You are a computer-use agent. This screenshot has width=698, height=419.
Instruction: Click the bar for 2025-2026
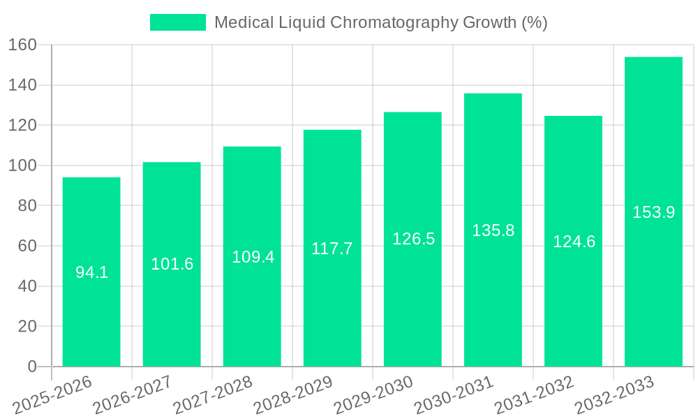pos(91,272)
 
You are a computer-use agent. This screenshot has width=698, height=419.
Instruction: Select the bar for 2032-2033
pos(653,212)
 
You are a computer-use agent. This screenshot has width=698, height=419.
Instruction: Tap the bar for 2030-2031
pos(493,230)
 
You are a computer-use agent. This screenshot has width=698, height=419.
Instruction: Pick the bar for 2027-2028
pos(252,256)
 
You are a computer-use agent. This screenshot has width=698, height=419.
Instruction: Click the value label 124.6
pos(574,242)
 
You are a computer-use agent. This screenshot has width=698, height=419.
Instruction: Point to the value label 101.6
pos(172,264)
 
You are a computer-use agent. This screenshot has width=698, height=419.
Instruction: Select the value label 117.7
pos(332,249)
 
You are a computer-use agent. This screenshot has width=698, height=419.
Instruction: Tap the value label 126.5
pos(413,239)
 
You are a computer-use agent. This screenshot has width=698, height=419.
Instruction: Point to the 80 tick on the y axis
pos(27,206)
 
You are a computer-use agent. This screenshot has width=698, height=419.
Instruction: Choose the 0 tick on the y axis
pos(32,367)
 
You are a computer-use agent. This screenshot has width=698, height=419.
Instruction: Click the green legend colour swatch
pos(178,22)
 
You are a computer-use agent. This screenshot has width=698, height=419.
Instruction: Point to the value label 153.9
pos(653,212)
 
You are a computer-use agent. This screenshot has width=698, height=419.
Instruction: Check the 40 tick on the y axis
pos(27,286)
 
